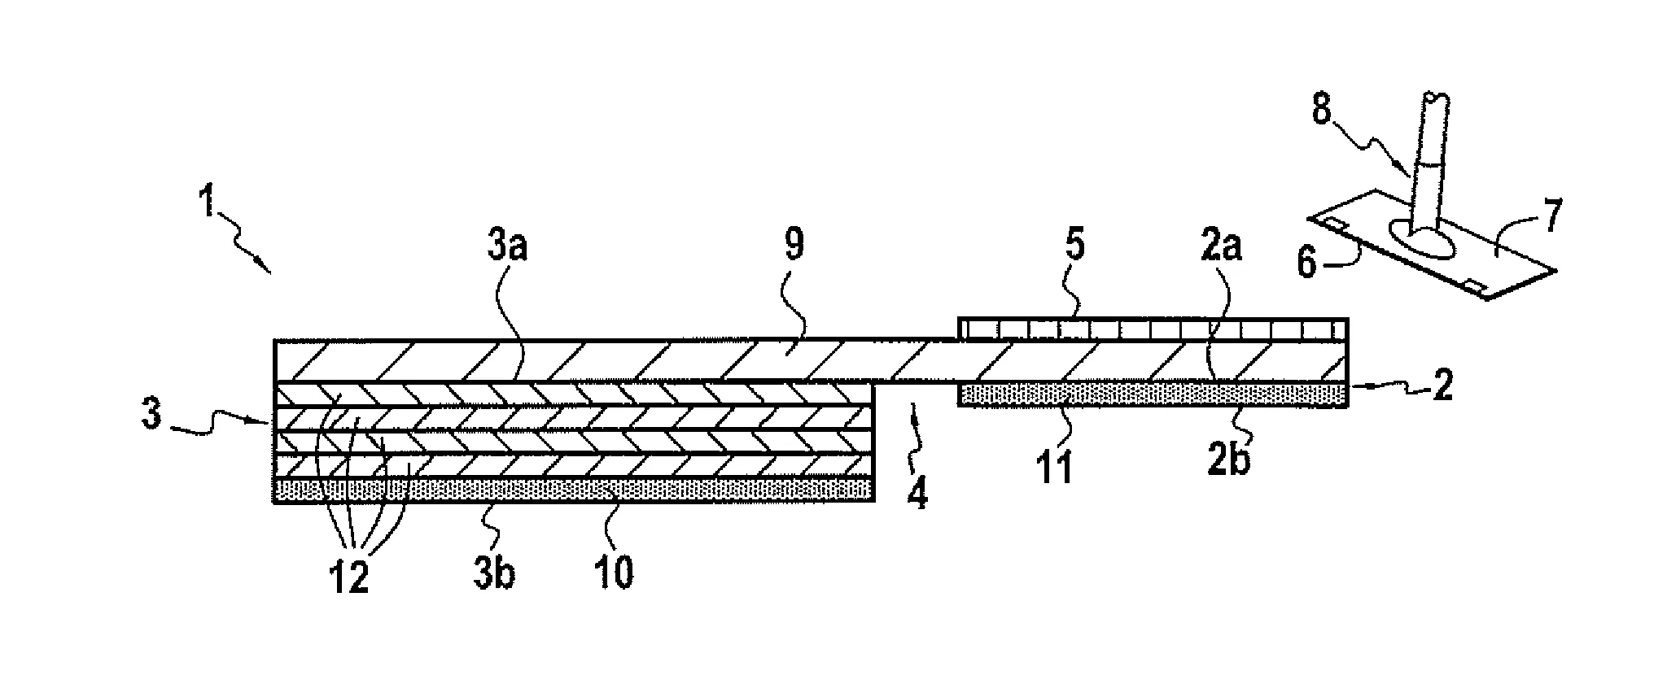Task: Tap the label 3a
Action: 509,245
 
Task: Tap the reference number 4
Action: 917,493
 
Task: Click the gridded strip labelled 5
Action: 1153,329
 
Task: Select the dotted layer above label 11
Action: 1153,394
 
